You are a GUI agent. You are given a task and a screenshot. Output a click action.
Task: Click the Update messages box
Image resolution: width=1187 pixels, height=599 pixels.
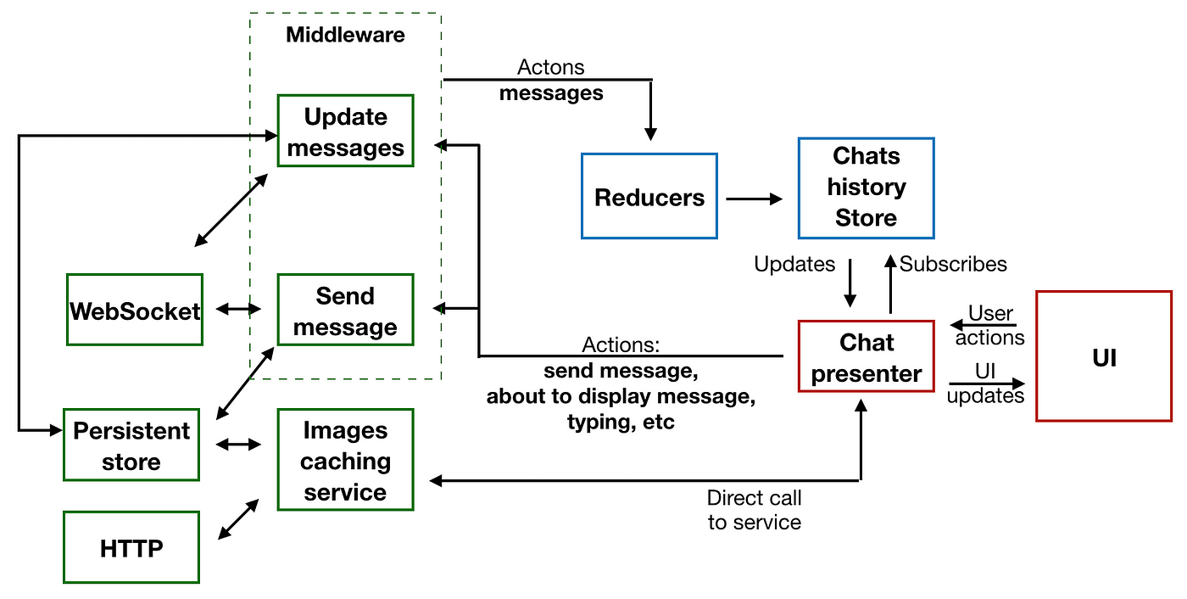pos(346,131)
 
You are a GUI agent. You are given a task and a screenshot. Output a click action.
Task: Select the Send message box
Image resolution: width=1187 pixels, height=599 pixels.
pos(346,310)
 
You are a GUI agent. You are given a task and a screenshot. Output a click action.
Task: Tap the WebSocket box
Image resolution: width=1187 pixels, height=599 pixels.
pos(135,310)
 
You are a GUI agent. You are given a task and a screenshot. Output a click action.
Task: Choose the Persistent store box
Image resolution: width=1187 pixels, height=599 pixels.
pos(131,445)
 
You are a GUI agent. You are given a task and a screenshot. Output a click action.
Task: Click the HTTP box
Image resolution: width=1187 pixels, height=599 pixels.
pos(131,547)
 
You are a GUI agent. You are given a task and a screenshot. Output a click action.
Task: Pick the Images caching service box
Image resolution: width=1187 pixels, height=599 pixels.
pos(346,460)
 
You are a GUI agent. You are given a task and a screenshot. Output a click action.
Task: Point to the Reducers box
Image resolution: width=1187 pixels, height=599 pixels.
pos(649,196)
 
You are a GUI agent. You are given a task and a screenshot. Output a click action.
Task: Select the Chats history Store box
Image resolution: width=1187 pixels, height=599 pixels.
pos(867,188)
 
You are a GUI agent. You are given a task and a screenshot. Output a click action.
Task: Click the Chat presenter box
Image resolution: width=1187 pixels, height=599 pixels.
pos(867,356)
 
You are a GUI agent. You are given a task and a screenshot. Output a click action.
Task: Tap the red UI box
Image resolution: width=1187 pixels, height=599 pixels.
pos(1104,356)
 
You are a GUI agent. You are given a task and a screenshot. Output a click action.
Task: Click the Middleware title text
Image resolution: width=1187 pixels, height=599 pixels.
pos(346,35)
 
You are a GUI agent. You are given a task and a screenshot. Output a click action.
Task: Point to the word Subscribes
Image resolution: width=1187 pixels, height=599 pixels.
pos(953,264)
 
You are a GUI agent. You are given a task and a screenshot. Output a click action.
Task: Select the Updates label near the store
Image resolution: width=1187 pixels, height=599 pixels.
pos(794,264)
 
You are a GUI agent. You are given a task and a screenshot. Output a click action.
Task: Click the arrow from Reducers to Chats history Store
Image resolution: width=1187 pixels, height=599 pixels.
pos(754,199)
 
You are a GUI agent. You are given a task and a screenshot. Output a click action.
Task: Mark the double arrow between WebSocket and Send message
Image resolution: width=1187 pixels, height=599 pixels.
pos(238,309)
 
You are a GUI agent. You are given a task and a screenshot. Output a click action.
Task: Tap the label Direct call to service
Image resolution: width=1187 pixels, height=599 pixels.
pos(754,510)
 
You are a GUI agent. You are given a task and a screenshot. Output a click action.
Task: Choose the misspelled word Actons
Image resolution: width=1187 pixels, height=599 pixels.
pos(550,67)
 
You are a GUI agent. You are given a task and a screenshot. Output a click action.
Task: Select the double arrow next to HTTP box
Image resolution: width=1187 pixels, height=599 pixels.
pos(238,519)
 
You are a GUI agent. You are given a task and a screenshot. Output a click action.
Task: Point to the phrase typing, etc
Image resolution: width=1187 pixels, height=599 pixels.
pos(621,423)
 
